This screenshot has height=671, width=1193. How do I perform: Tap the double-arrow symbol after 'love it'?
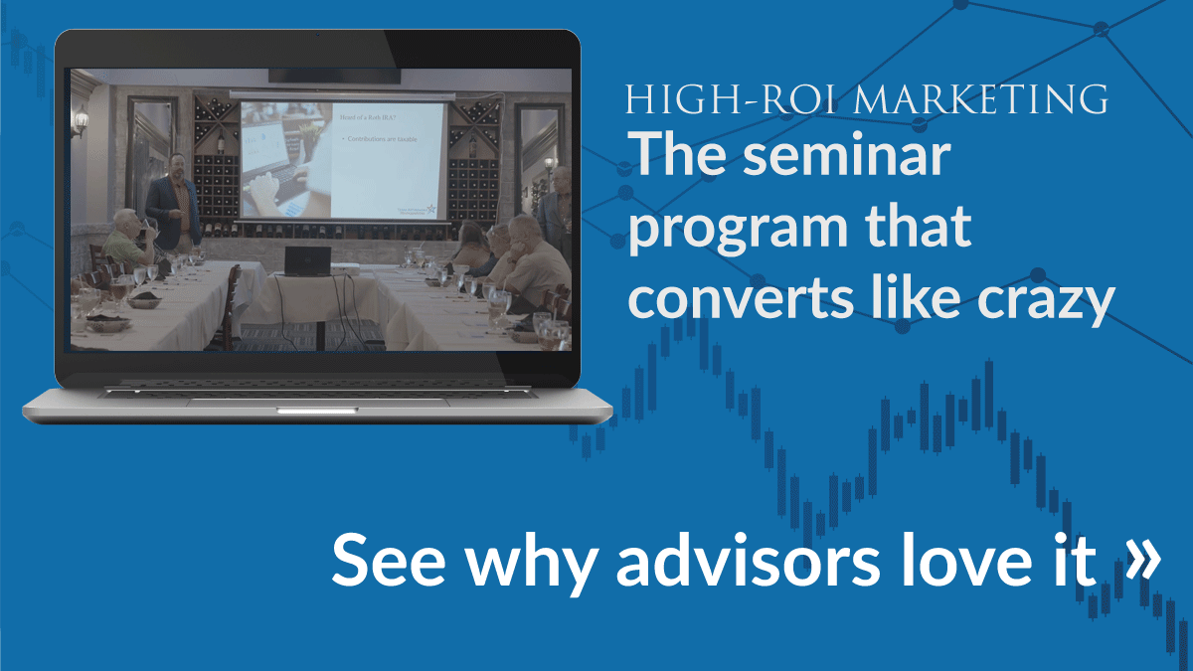coord(1143,558)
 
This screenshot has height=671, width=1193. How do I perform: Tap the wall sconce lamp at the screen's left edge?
coord(81,122)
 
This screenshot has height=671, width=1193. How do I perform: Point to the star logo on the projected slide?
coord(429,206)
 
